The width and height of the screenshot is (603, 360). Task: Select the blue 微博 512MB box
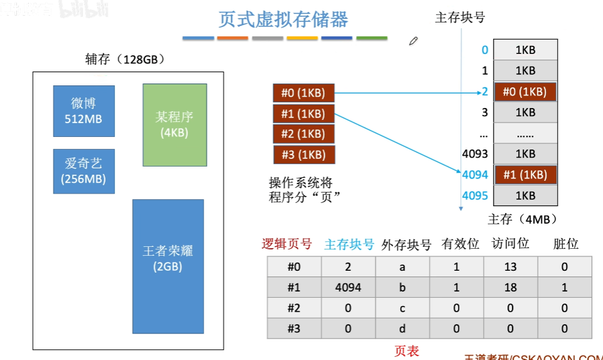tap(84, 111)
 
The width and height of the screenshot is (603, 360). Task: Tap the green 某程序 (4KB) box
tap(175, 124)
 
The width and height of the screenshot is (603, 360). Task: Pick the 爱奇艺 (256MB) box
tap(84, 171)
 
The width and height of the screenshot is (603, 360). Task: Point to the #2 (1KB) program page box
tap(303, 134)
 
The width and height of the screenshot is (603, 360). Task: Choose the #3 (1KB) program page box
tap(303, 154)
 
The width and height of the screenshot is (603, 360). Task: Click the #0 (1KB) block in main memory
tap(525, 92)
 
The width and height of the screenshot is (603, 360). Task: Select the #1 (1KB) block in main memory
tap(525, 175)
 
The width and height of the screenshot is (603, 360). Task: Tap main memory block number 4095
tap(475, 195)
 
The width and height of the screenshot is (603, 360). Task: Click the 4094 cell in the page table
tap(348, 287)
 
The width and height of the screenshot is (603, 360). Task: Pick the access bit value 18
tap(510, 287)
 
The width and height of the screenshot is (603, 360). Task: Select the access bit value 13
tap(510, 267)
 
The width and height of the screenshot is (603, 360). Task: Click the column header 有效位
tap(456, 244)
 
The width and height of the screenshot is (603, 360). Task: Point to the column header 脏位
tap(565, 244)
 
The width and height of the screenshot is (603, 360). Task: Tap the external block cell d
tap(402, 328)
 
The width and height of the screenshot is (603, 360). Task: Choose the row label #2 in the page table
tap(294, 308)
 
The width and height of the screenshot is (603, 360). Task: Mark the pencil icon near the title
tap(413, 41)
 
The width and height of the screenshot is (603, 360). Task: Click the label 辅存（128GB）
tap(125, 60)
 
